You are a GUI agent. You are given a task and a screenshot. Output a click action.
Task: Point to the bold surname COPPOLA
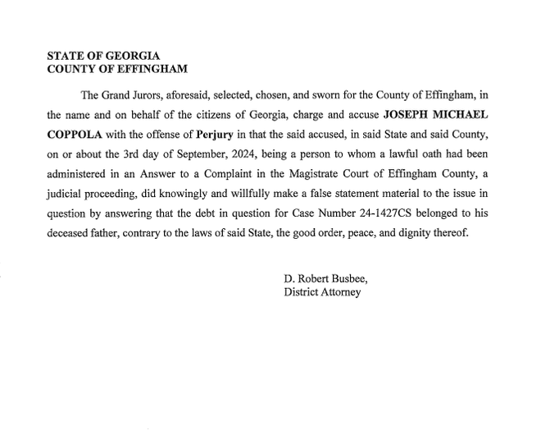75,134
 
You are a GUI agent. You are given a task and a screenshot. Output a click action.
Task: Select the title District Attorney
322,292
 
